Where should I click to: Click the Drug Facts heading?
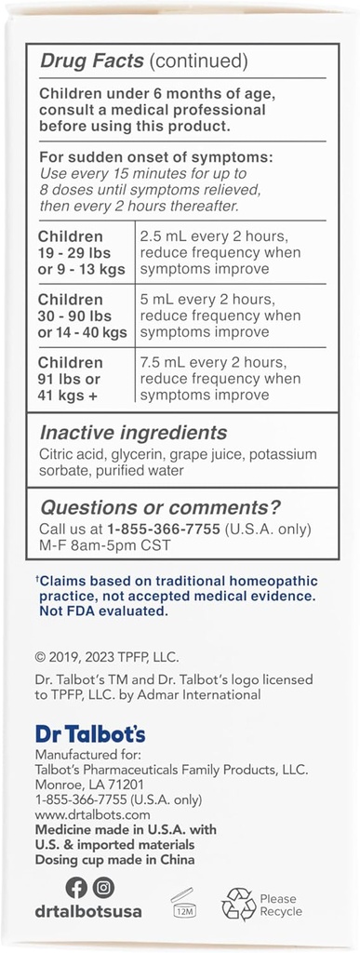click(91, 62)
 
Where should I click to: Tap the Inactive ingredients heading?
click(132, 433)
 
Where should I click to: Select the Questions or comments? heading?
click(159, 507)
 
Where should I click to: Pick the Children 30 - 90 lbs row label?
click(83, 315)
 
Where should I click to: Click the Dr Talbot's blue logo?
click(89, 733)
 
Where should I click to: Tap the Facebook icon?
click(76, 888)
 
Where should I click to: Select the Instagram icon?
click(104, 888)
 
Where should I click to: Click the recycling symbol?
click(237, 904)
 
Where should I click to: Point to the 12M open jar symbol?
click(182, 903)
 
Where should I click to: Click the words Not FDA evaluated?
click(101, 611)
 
